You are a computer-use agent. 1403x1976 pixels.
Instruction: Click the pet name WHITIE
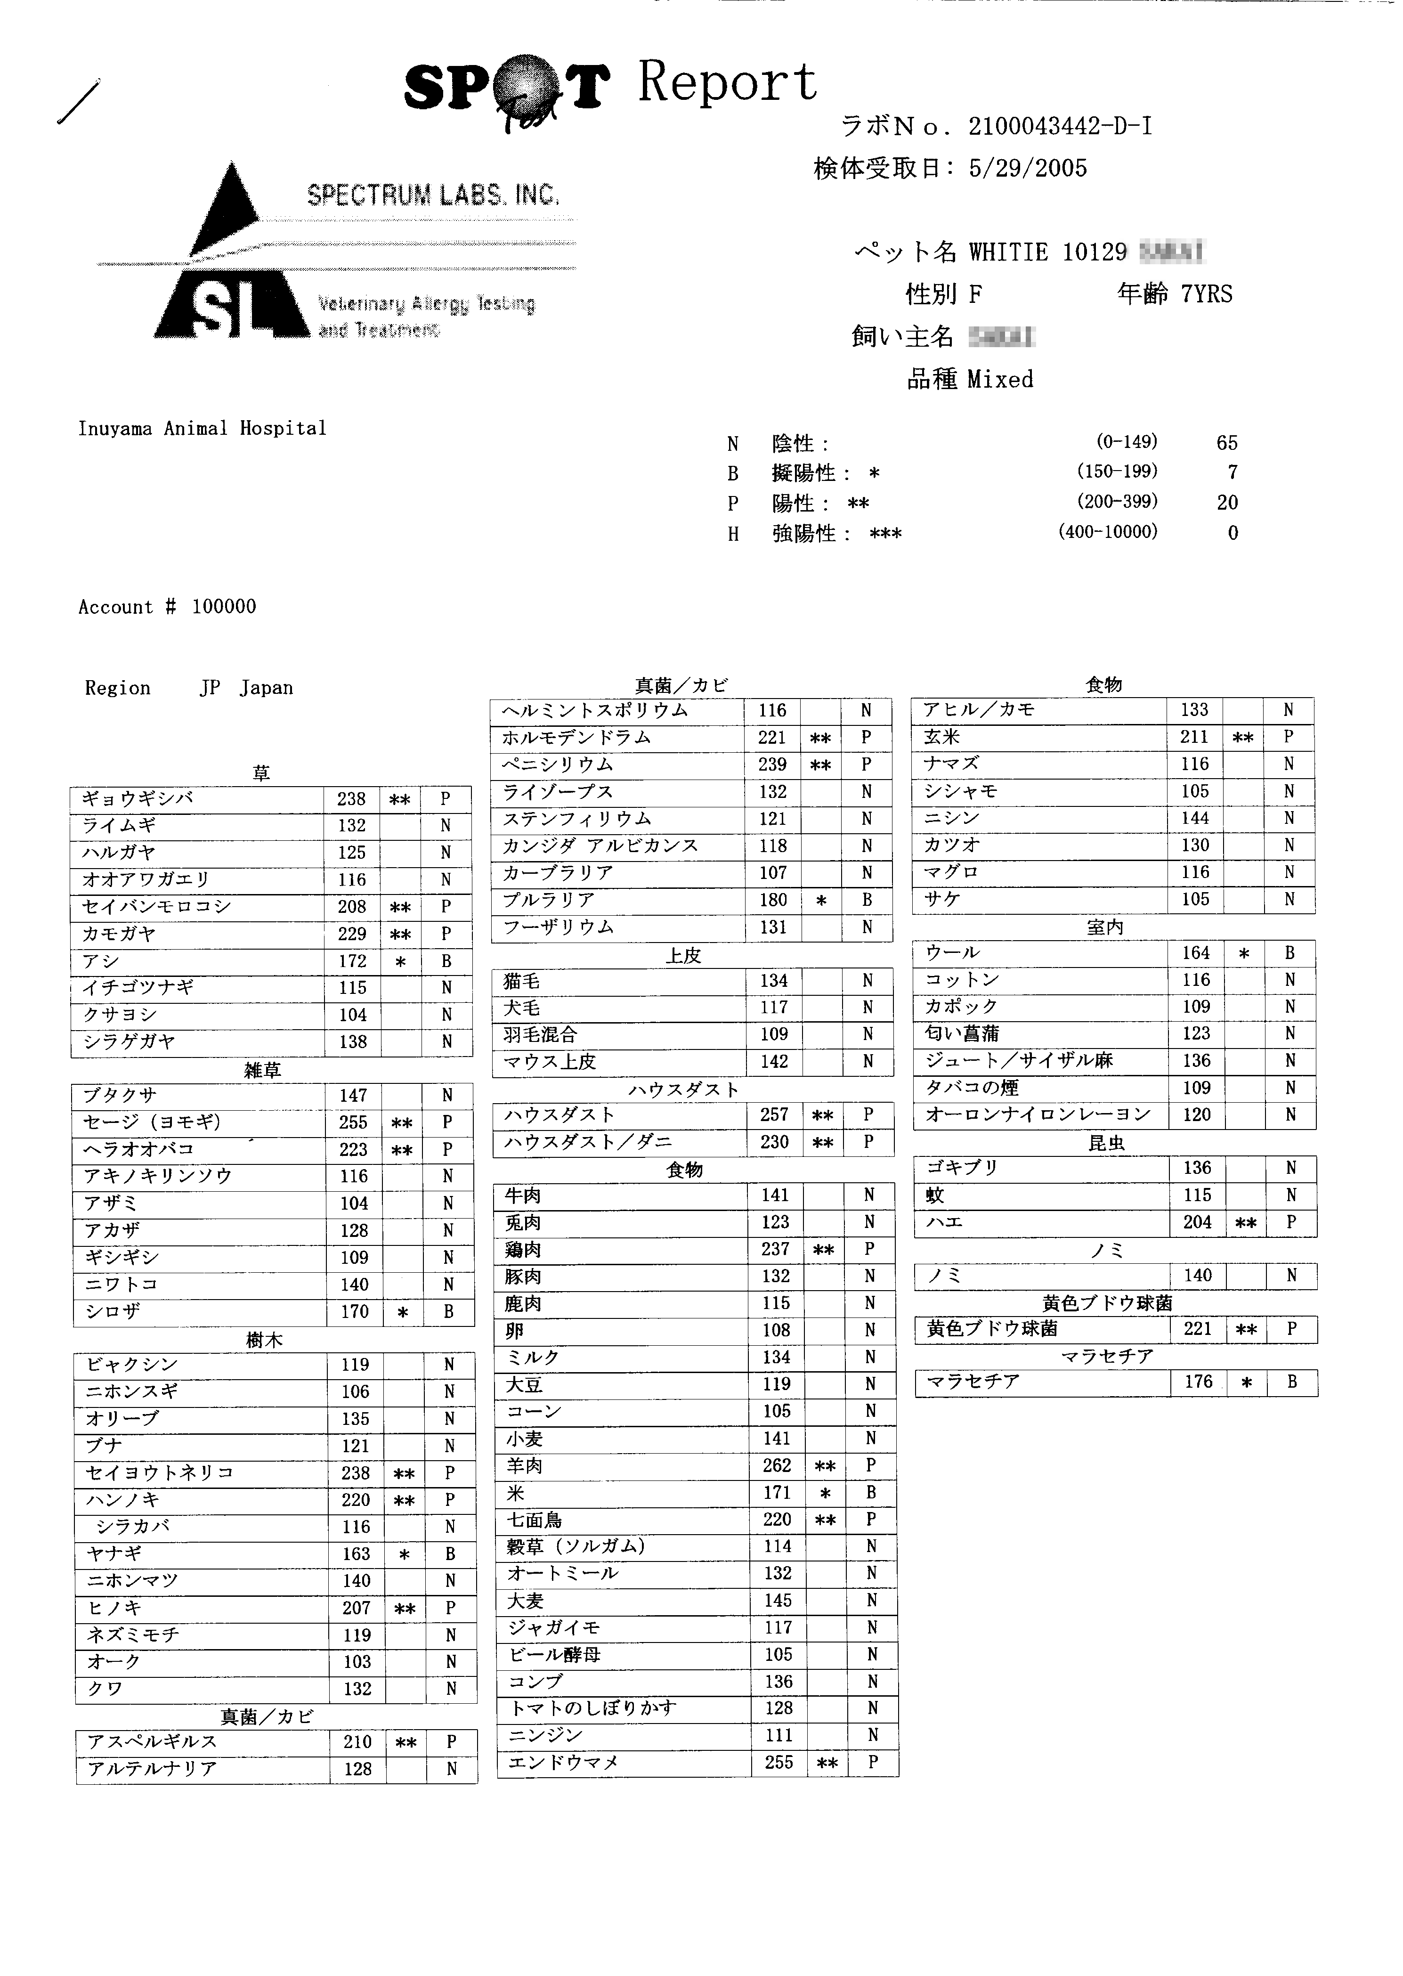(x=1008, y=252)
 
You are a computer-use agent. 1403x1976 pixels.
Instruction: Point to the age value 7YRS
(x=1207, y=294)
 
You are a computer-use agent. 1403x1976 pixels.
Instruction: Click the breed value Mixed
(x=1000, y=379)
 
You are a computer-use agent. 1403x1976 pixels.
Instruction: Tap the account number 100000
(x=224, y=607)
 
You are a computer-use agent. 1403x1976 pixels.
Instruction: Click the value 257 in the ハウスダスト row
(x=774, y=1114)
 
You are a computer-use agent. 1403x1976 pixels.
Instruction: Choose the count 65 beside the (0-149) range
(x=1227, y=443)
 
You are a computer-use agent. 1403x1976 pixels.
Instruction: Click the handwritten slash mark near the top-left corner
(x=78, y=102)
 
